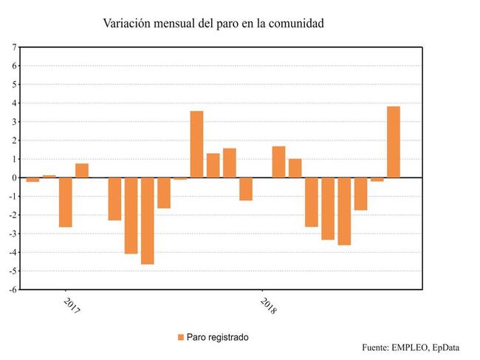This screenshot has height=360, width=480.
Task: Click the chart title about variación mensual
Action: pyautogui.click(x=213, y=24)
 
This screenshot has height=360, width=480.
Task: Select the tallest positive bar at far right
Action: pyautogui.click(x=394, y=142)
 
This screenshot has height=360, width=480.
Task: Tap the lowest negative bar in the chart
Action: pyautogui.click(x=148, y=220)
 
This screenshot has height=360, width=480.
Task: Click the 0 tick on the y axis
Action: pyautogui.click(x=14, y=177)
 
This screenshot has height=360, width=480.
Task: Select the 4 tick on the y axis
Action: pyautogui.click(x=14, y=103)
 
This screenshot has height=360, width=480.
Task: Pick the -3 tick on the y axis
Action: pyautogui.click(x=13, y=234)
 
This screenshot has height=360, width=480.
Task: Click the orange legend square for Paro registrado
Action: pyautogui.click(x=180, y=337)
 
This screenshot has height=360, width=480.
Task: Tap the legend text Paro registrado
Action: pyautogui.click(x=218, y=337)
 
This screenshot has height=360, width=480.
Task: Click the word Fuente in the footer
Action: pyautogui.click(x=377, y=347)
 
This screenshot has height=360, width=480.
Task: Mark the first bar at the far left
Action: pyautogui.click(x=32, y=180)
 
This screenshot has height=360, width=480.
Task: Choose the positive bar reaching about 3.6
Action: pyautogui.click(x=196, y=144)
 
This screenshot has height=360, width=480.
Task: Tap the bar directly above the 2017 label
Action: pyautogui.click(x=66, y=202)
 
